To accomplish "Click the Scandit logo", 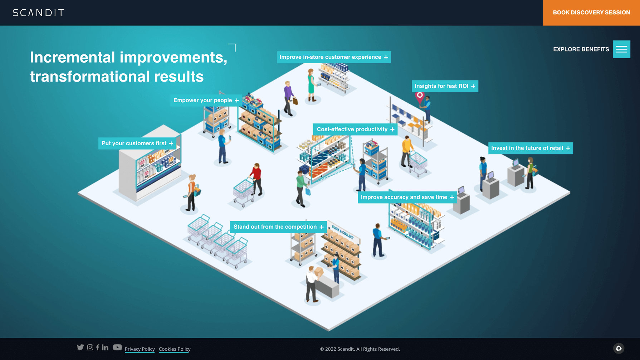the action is [x=38, y=13].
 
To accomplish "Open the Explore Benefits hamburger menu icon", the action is [x=621, y=49].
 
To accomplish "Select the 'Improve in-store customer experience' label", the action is [x=334, y=57].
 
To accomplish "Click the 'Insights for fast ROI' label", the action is [x=445, y=86].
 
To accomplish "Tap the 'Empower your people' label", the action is [x=206, y=101].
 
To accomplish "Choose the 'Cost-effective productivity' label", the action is [x=355, y=130].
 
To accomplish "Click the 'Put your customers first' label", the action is [x=137, y=143].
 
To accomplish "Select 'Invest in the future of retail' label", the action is [x=531, y=148].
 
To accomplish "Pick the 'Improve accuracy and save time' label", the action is [x=407, y=197].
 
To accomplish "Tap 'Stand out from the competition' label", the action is [x=278, y=227].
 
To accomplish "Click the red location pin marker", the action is [x=420, y=96].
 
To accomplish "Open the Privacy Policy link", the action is [x=140, y=349].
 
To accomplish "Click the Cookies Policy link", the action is [x=175, y=349].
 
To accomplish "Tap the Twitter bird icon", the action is [x=80, y=347].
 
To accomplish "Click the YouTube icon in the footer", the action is [x=117, y=347].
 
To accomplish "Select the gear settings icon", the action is [x=619, y=349].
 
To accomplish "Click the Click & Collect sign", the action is [x=342, y=232].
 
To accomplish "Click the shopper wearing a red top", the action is [x=257, y=179].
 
